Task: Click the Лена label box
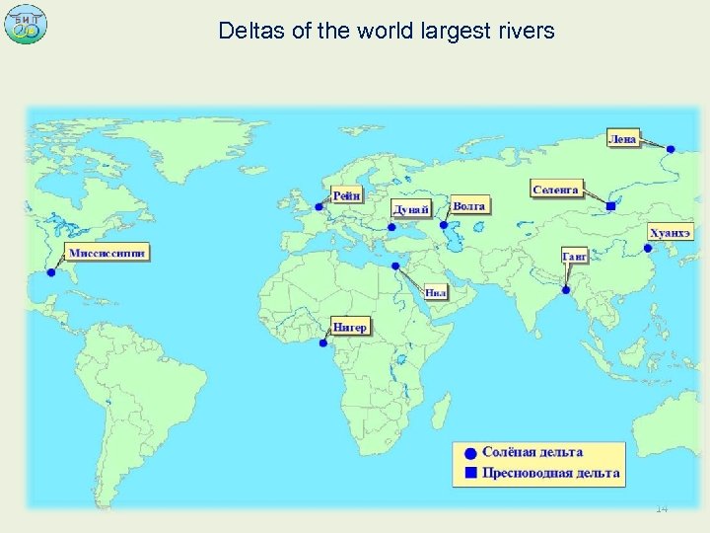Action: (x=622, y=139)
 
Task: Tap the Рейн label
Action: (x=346, y=196)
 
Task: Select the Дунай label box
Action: (x=411, y=209)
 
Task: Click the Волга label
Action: (x=469, y=206)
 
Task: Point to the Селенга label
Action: (x=556, y=189)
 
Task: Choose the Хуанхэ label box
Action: (x=671, y=233)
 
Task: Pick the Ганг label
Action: (x=575, y=257)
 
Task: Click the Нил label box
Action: (x=437, y=292)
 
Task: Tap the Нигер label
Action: (x=350, y=326)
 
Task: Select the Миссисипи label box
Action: (x=107, y=253)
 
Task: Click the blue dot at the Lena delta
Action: (x=672, y=149)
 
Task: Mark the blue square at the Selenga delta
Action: (x=610, y=206)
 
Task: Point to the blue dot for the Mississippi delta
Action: (x=51, y=272)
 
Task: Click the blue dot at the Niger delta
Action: (x=323, y=343)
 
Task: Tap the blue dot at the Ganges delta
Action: (x=566, y=289)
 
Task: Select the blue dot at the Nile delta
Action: (x=394, y=266)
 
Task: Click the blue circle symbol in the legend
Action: (x=470, y=453)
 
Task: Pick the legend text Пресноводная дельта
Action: (x=550, y=473)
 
